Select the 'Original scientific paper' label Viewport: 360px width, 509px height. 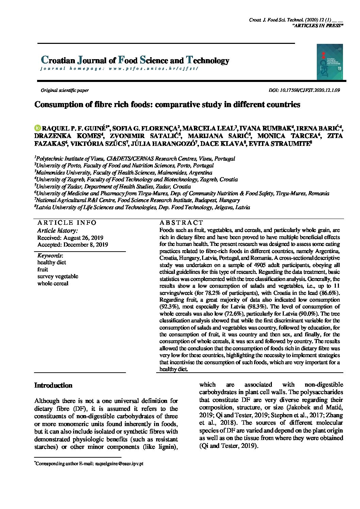[x=65, y=90]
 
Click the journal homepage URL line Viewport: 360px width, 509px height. [x=119, y=68]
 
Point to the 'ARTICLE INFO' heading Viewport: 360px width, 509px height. [x=67, y=223]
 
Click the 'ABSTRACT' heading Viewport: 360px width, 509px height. [x=181, y=223]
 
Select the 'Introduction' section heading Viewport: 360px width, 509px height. [x=53, y=385]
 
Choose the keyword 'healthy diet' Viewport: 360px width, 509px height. [x=52, y=262]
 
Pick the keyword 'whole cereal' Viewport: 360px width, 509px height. [x=53, y=283]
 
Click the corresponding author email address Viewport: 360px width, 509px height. [x=119, y=463]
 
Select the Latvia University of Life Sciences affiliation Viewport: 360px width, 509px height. [x=143, y=207]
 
